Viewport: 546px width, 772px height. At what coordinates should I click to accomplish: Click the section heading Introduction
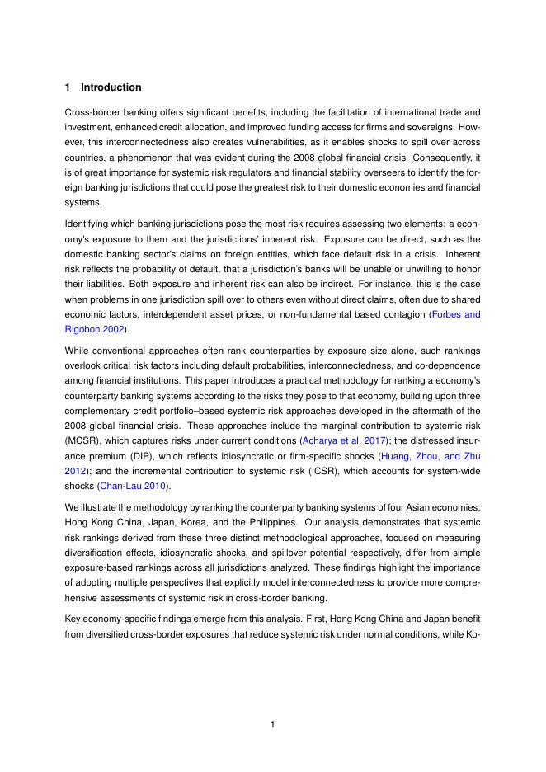(111, 87)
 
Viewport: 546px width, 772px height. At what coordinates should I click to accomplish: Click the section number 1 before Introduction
(67, 87)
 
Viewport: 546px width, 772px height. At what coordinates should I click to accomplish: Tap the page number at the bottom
(273, 725)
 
